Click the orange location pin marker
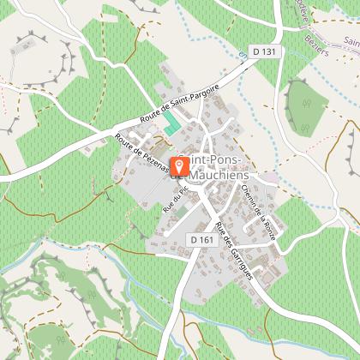point(179,165)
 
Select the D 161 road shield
point(201,239)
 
